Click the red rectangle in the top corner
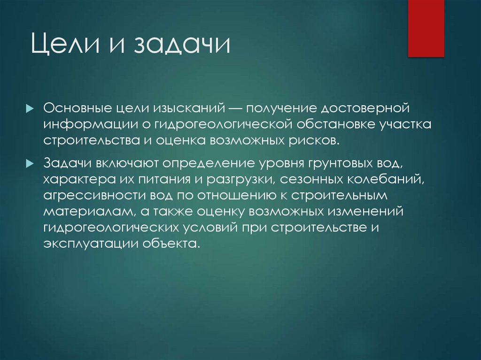pos(426,28)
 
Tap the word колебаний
pos(381,180)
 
